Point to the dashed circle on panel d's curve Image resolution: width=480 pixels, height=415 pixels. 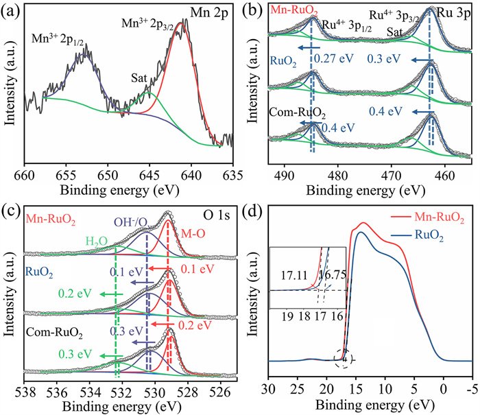click(x=346, y=357)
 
